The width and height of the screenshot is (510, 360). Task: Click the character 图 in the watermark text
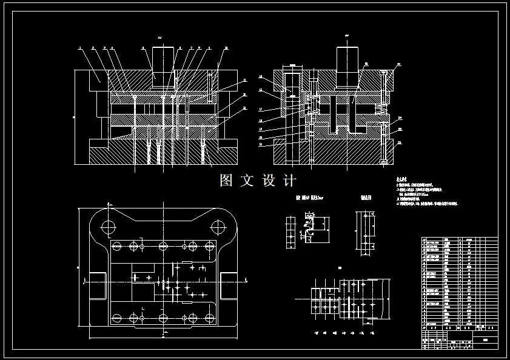pyautogui.click(x=226, y=180)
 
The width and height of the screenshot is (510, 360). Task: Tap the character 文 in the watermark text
pyautogui.click(x=247, y=180)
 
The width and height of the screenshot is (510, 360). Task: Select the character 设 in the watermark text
pyautogui.click(x=269, y=180)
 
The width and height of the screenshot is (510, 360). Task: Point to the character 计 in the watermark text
pyautogui.click(x=290, y=180)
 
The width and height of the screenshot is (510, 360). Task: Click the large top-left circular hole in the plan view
pyautogui.click(x=109, y=227)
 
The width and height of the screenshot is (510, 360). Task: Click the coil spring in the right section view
pyautogui.click(x=383, y=108)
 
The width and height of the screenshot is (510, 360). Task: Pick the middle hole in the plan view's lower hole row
pyautogui.click(x=163, y=318)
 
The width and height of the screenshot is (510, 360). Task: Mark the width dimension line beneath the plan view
pyautogui.click(x=163, y=335)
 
